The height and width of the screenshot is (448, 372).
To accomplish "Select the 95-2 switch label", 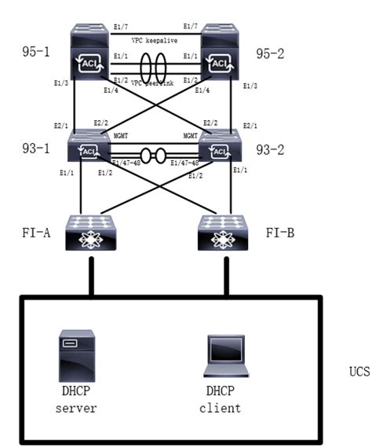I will click(x=270, y=53).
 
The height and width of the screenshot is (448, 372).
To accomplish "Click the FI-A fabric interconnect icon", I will click(x=90, y=233).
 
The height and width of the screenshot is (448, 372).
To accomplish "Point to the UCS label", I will click(x=358, y=369).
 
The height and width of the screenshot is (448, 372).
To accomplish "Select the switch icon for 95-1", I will click(x=90, y=52).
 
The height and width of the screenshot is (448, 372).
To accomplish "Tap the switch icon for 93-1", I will click(x=90, y=146).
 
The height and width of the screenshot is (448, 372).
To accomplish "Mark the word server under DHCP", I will click(x=76, y=408).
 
